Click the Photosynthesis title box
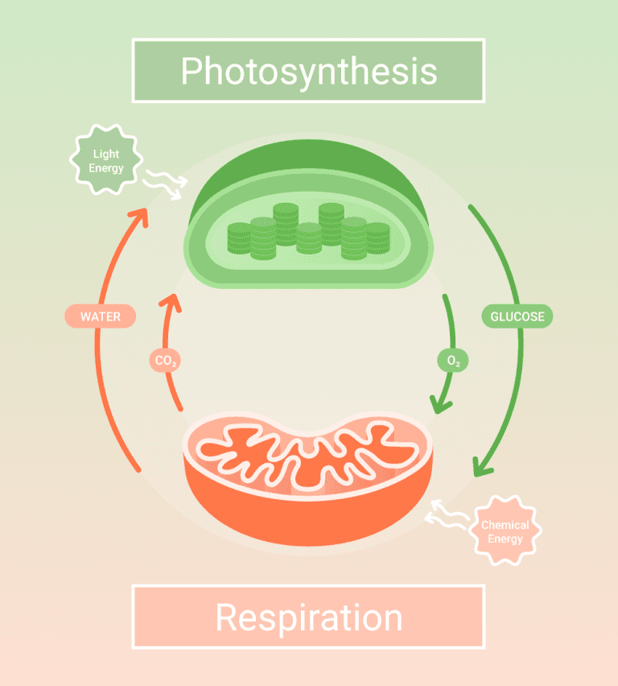308,71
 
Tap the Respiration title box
308,618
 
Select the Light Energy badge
106,161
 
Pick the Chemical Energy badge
505,531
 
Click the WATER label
100,316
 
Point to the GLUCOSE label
517,316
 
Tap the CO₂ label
164,362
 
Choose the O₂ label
453,362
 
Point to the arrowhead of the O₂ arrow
439,403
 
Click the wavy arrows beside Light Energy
164,184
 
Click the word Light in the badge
106,154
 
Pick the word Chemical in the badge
505,525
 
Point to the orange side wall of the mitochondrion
308,515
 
